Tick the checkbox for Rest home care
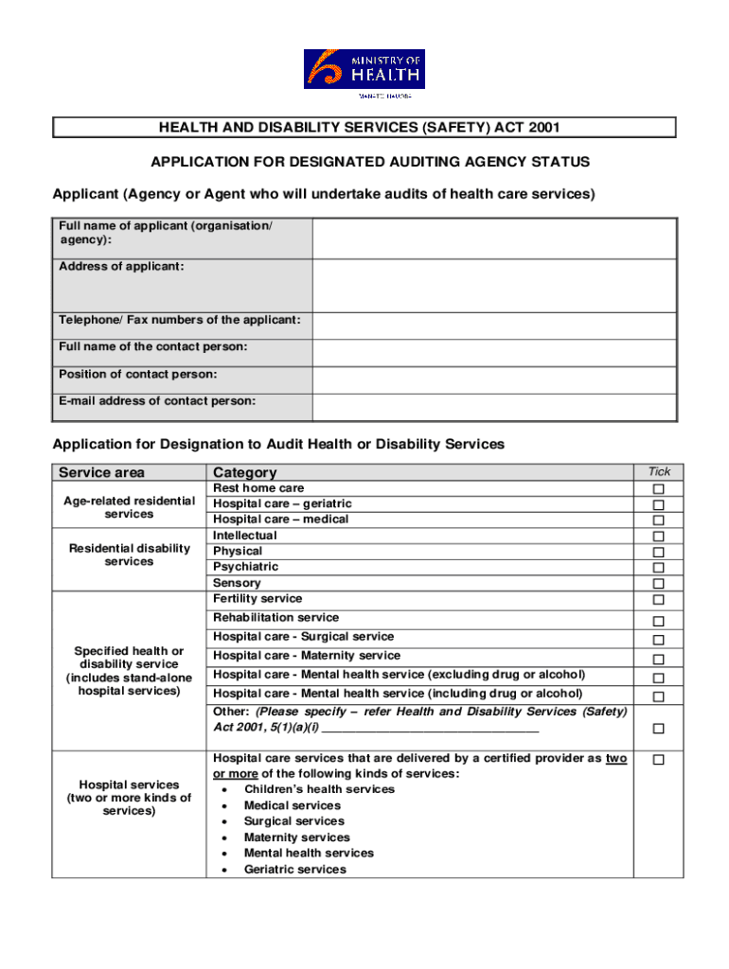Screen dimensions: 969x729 (659, 489)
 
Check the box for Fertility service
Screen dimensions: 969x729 (659, 600)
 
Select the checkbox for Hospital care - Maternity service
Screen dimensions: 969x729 (659, 660)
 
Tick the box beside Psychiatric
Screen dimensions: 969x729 (659, 568)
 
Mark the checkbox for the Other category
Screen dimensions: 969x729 (659, 729)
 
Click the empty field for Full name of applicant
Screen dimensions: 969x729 (494, 238)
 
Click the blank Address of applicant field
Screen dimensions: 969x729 (494, 286)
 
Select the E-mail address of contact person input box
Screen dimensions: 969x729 (494, 407)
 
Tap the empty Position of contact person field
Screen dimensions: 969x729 (494, 379)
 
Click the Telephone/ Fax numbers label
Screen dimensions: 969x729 (180, 321)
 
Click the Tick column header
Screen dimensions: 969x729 (659, 471)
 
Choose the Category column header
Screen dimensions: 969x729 (245, 472)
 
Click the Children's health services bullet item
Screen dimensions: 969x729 (319, 789)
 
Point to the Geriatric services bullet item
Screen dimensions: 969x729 (294, 870)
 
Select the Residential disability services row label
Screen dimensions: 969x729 (130, 555)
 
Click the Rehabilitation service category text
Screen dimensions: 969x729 (276, 617)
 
